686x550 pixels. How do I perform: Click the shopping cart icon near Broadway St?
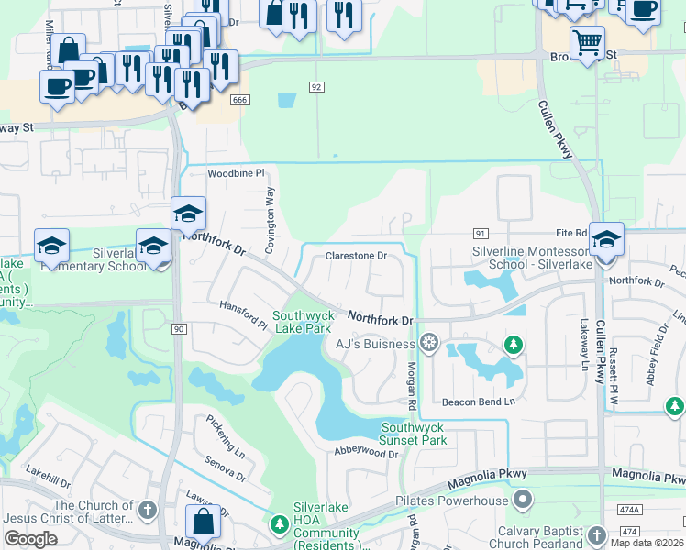pos(586,42)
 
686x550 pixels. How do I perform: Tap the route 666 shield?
pos(241,100)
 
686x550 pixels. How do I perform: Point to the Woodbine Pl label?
pos(236,172)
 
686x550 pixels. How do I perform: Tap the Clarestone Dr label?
pos(357,256)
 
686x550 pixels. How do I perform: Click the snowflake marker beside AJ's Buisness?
pos(428,344)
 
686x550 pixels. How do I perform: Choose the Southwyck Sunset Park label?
pos(414,434)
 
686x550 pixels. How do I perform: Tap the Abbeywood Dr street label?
pos(367,453)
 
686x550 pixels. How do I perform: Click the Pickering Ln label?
pos(226,428)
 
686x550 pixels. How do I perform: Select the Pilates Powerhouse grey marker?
pos(522,500)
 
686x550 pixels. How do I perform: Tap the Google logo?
pos(31,538)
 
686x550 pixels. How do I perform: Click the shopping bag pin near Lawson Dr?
pos(203,522)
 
